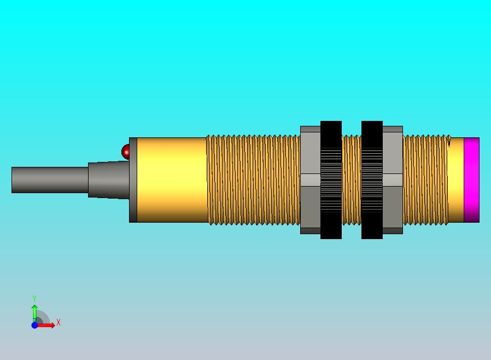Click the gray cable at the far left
[49, 180]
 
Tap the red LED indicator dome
[126, 152]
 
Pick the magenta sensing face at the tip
[471, 180]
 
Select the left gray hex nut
[310, 180]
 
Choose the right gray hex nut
[393, 180]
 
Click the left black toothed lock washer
[331, 131]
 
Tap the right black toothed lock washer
[372, 131]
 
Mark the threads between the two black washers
[351, 180]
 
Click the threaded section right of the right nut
[425, 180]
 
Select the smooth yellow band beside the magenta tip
[455, 180]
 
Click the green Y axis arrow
[34, 312]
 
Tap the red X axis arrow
[47, 325]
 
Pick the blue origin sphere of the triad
[34, 325]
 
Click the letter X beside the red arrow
[59, 323]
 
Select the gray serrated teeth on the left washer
[331, 180]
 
